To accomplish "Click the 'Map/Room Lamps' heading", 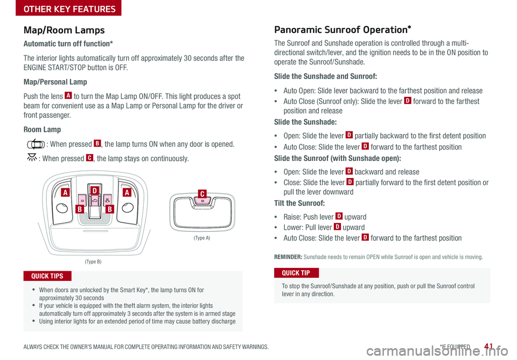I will pyautogui.click(x=64, y=30).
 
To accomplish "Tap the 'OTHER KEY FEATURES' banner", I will pyautogui.click(x=61, y=9).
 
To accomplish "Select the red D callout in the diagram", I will pyautogui.click(x=94, y=190).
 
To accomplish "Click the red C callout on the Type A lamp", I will pyautogui.click(x=201, y=193).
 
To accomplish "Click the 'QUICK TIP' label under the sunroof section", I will pyautogui.click(x=297, y=272).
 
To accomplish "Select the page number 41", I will pyautogui.click(x=490, y=346).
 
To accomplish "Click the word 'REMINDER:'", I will pyautogui.click(x=288, y=257).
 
